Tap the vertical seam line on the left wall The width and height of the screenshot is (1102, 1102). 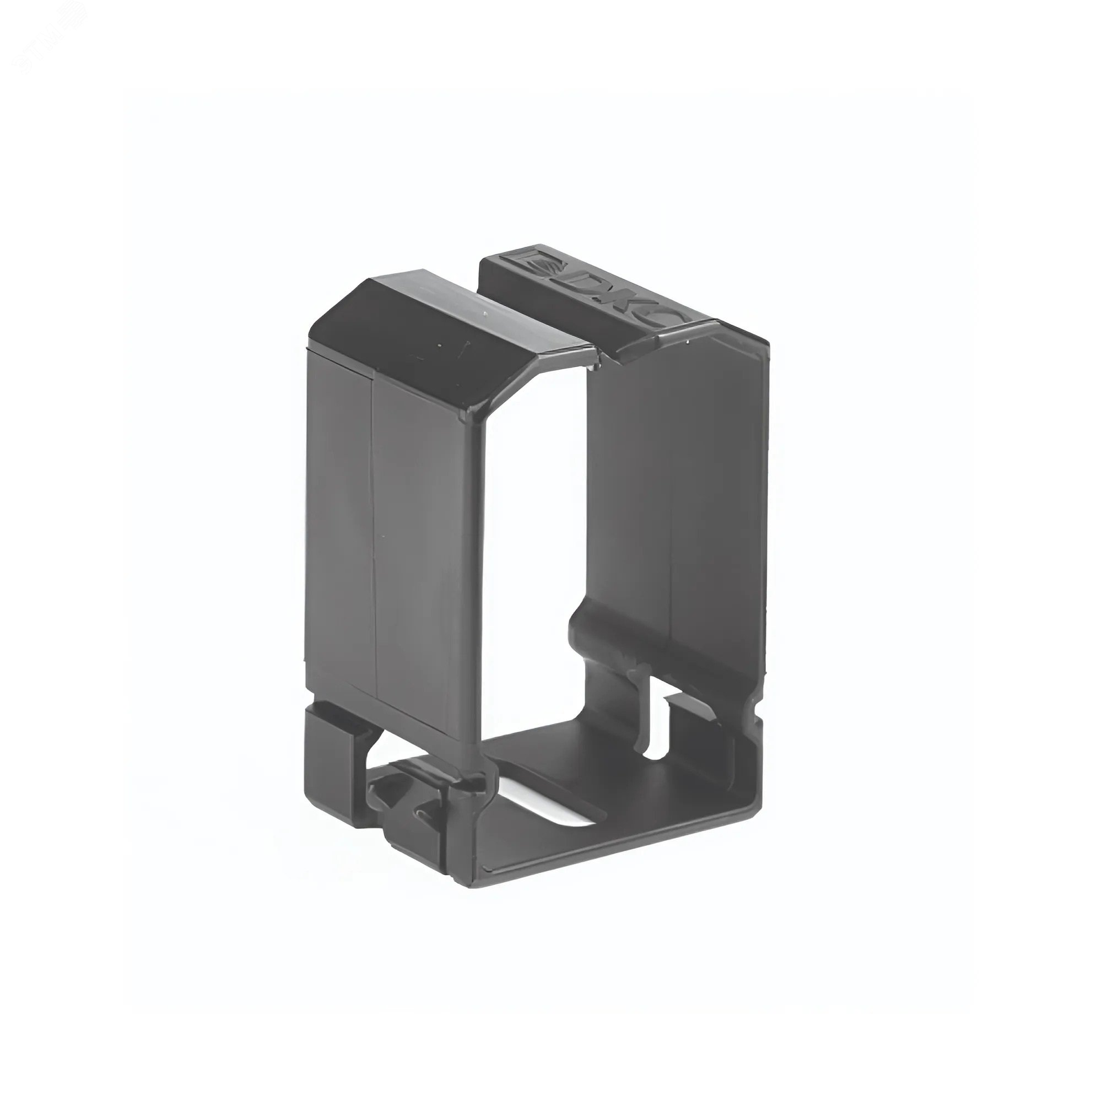tap(373, 514)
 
